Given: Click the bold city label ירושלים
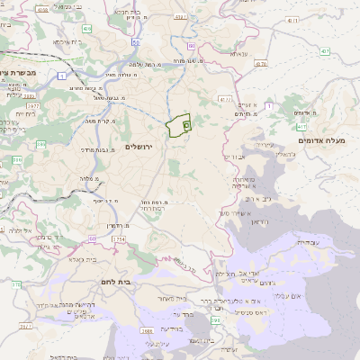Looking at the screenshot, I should click(x=139, y=146).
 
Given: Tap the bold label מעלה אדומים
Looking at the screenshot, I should click(x=328, y=141).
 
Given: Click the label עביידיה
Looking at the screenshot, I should click(x=308, y=240).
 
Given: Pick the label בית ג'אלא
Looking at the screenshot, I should click(x=86, y=258).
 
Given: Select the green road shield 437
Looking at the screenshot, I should click(x=261, y=64).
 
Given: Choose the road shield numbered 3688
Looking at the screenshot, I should click(x=146, y=330).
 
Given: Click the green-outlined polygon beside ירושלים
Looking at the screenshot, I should click(x=179, y=126).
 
